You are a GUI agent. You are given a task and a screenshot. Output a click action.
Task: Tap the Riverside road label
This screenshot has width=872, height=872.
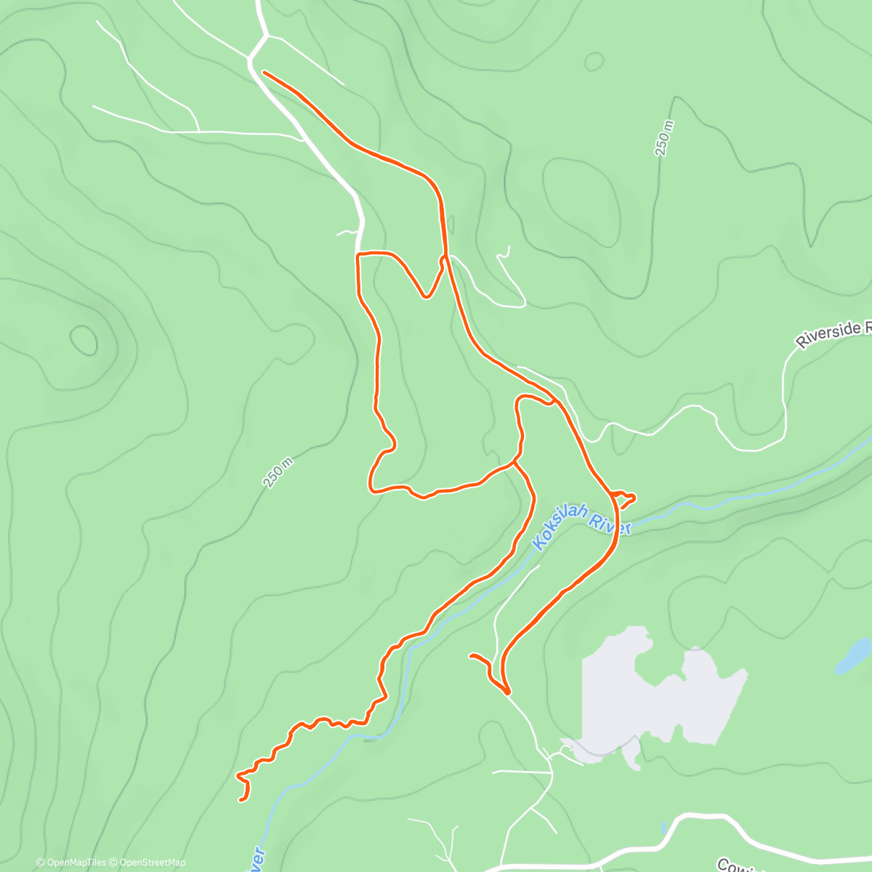(x=833, y=335)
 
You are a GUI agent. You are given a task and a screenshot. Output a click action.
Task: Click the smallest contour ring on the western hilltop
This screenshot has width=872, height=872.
(x=84, y=340)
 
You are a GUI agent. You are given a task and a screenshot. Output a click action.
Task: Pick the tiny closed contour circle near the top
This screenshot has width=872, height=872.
(x=594, y=62)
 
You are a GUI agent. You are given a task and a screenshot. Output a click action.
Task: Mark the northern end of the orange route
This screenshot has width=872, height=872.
(x=265, y=73)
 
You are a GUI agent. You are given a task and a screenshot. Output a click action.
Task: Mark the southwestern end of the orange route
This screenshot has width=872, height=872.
(x=242, y=799)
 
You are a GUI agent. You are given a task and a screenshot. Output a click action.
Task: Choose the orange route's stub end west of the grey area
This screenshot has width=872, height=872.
(x=472, y=657)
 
